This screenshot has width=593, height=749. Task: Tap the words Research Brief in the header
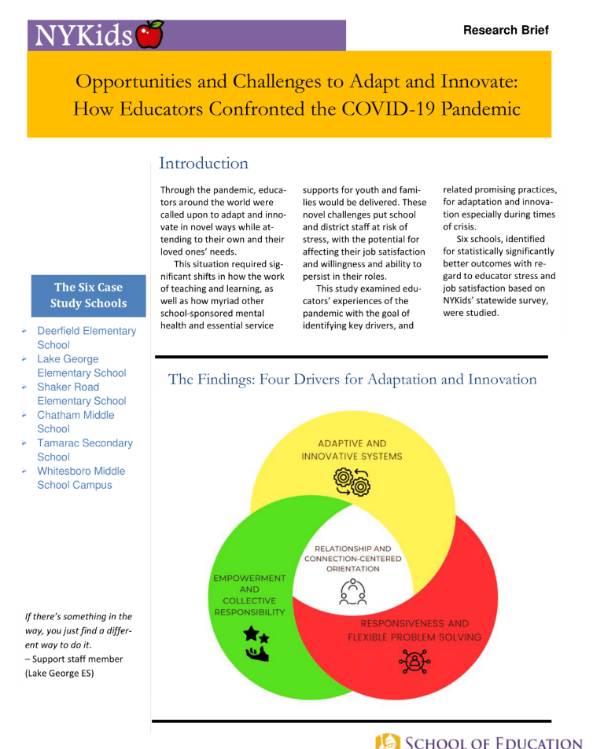coord(506,30)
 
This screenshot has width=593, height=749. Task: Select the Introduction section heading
coord(203,163)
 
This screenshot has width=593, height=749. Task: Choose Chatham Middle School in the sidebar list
coord(76,422)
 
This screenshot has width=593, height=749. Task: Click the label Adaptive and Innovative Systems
coord(352,450)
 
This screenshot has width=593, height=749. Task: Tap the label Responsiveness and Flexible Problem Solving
coord(414,629)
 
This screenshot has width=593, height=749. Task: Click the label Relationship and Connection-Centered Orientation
coord(352,559)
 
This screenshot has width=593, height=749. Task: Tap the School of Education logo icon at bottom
coord(389,741)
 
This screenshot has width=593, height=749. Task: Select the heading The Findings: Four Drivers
coord(352,380)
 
